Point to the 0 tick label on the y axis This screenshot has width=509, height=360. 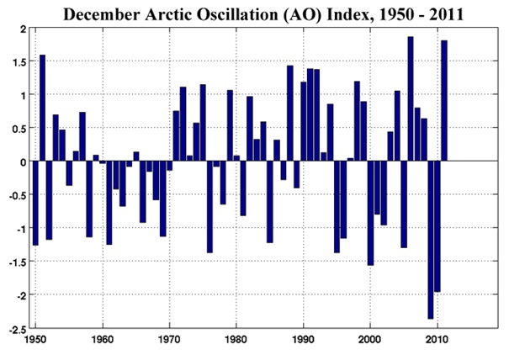click(23, 161)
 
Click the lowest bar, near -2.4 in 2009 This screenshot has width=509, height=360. click(431, 240)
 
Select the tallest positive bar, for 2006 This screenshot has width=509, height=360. click(411, 98)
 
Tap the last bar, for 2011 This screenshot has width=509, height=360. click(444, 101)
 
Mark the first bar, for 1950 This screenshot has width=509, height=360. click(35, 203)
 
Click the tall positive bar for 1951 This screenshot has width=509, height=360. click(42, 108)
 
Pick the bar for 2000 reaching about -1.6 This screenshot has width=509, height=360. click(370, 213)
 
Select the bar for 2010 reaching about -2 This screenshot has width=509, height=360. click(437, 226)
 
